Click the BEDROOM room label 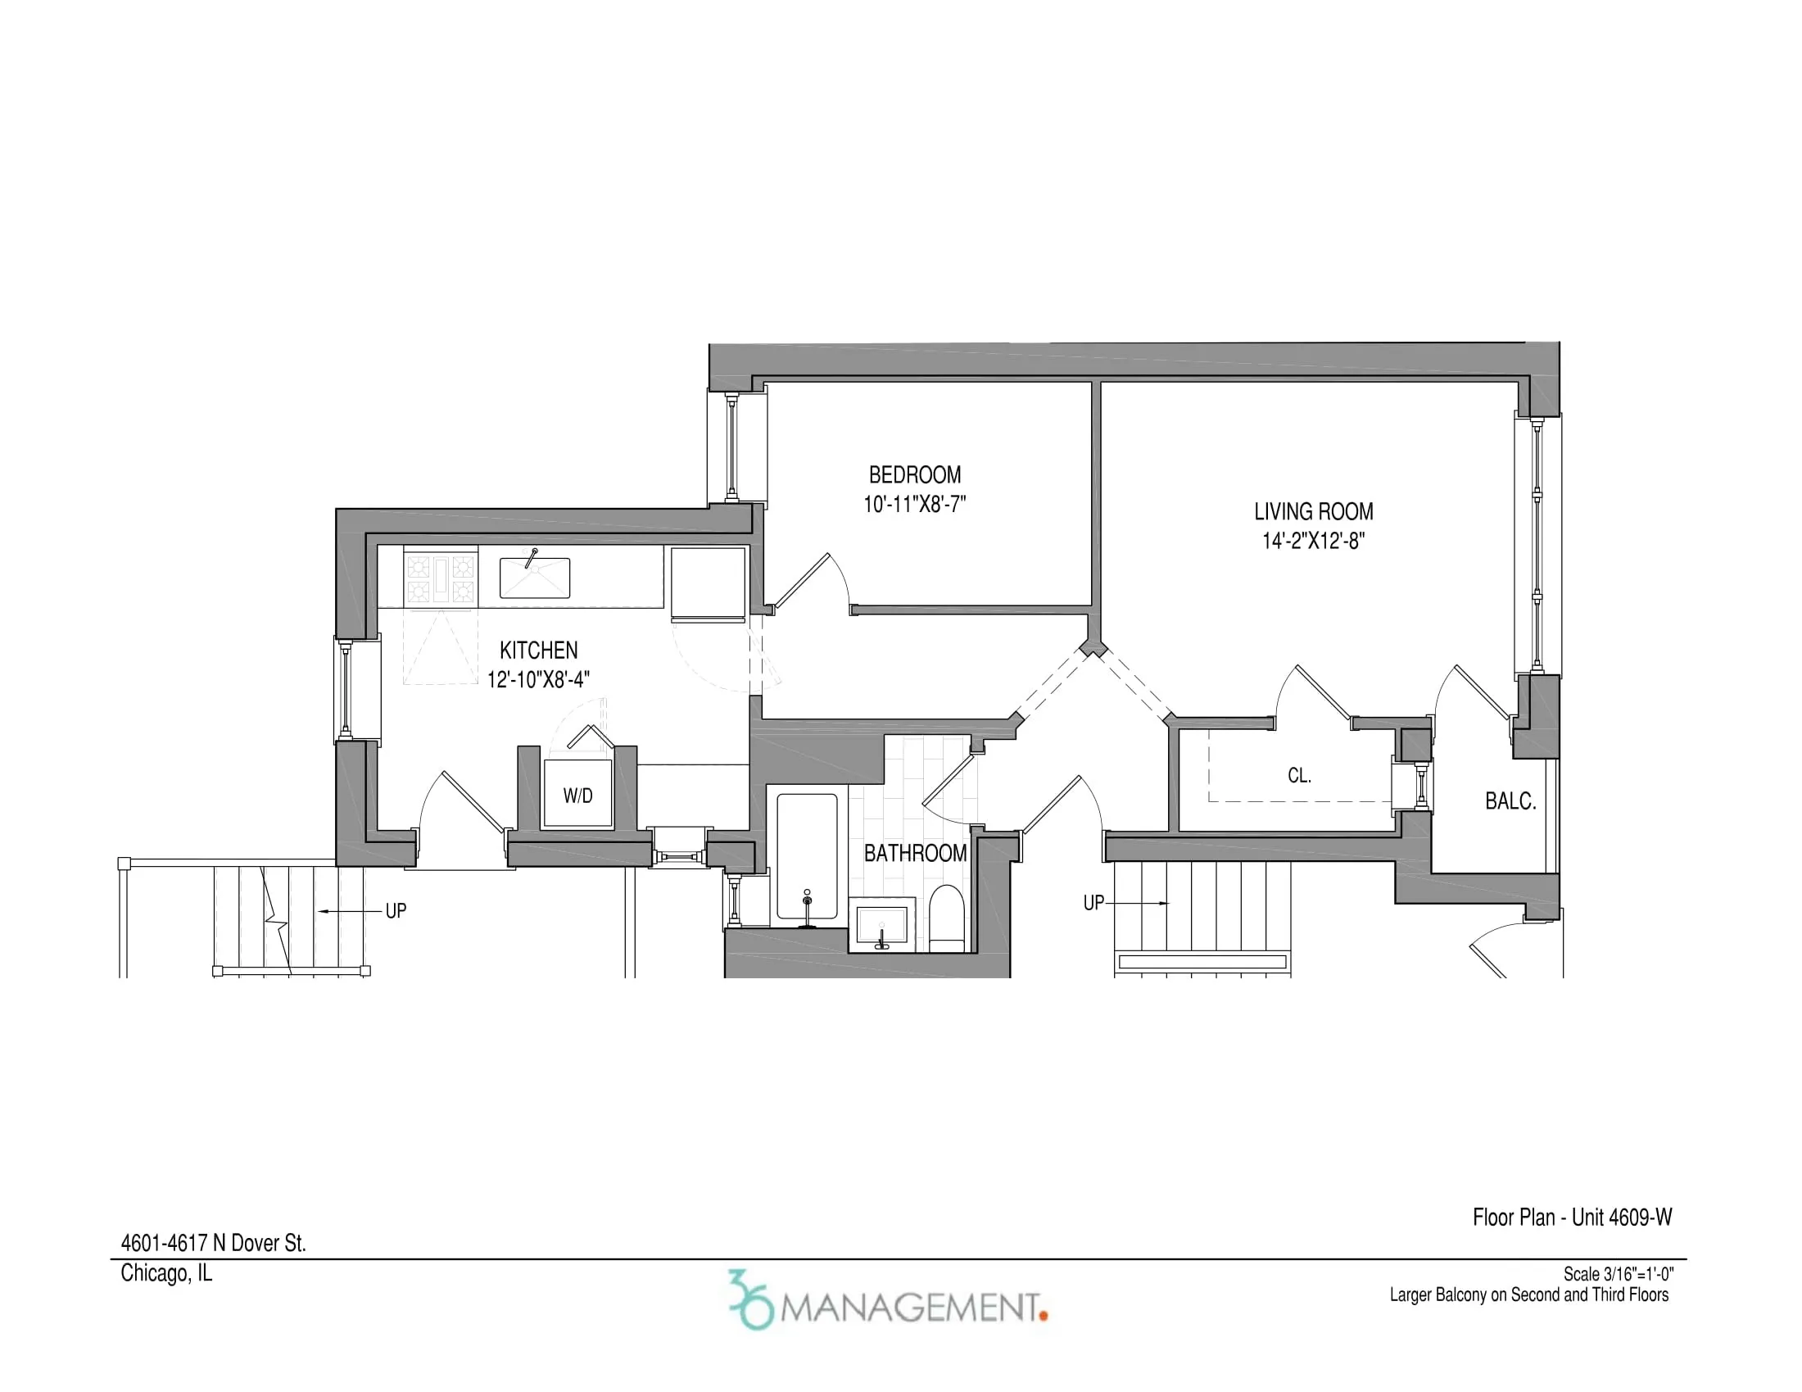point(914,475)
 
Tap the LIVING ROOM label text point(1314,511)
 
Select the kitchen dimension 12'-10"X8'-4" point(538,680)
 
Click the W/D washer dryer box point(577,796)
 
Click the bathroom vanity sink point(882,926)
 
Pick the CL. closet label point(1299,776)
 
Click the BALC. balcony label point(1510,801)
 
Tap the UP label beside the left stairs point(396,911)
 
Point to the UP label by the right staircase point(1093,903)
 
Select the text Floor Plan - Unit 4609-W point(1572,1217)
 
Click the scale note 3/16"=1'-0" point(1618,1275)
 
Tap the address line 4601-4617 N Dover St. point(213,1244)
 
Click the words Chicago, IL point(165,1273)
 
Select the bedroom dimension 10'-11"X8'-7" point(914,504)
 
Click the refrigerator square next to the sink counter point(708,583)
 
